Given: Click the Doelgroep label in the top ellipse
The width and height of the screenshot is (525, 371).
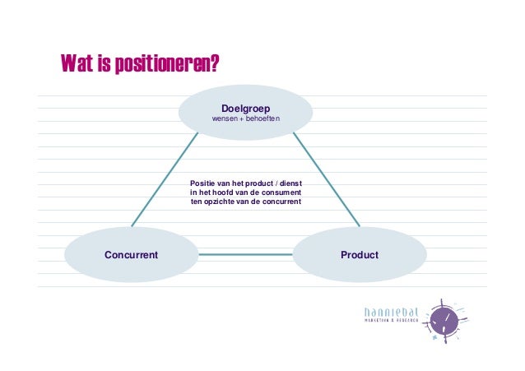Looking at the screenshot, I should click(x=245, y=109).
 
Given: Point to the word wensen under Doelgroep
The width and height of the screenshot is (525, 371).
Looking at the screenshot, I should click(x=227, y=120).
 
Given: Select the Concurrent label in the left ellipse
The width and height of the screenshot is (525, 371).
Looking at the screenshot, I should click(x=131, y=255).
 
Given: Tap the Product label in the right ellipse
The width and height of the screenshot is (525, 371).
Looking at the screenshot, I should click(x=360, y=255).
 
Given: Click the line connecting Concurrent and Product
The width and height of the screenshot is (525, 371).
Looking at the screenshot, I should click(x=245, y=255).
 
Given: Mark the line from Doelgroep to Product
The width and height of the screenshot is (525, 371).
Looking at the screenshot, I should click(x=326, y=180).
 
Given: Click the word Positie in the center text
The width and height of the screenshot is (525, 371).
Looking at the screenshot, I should click(x=202, y=183).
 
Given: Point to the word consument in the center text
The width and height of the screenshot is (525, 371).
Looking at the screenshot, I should click(x=281, y=192).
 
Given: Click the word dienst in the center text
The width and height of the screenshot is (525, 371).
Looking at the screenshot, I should click(x=290, y=183).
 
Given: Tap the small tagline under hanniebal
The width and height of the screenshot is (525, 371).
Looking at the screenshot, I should click(x=391, y=321).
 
